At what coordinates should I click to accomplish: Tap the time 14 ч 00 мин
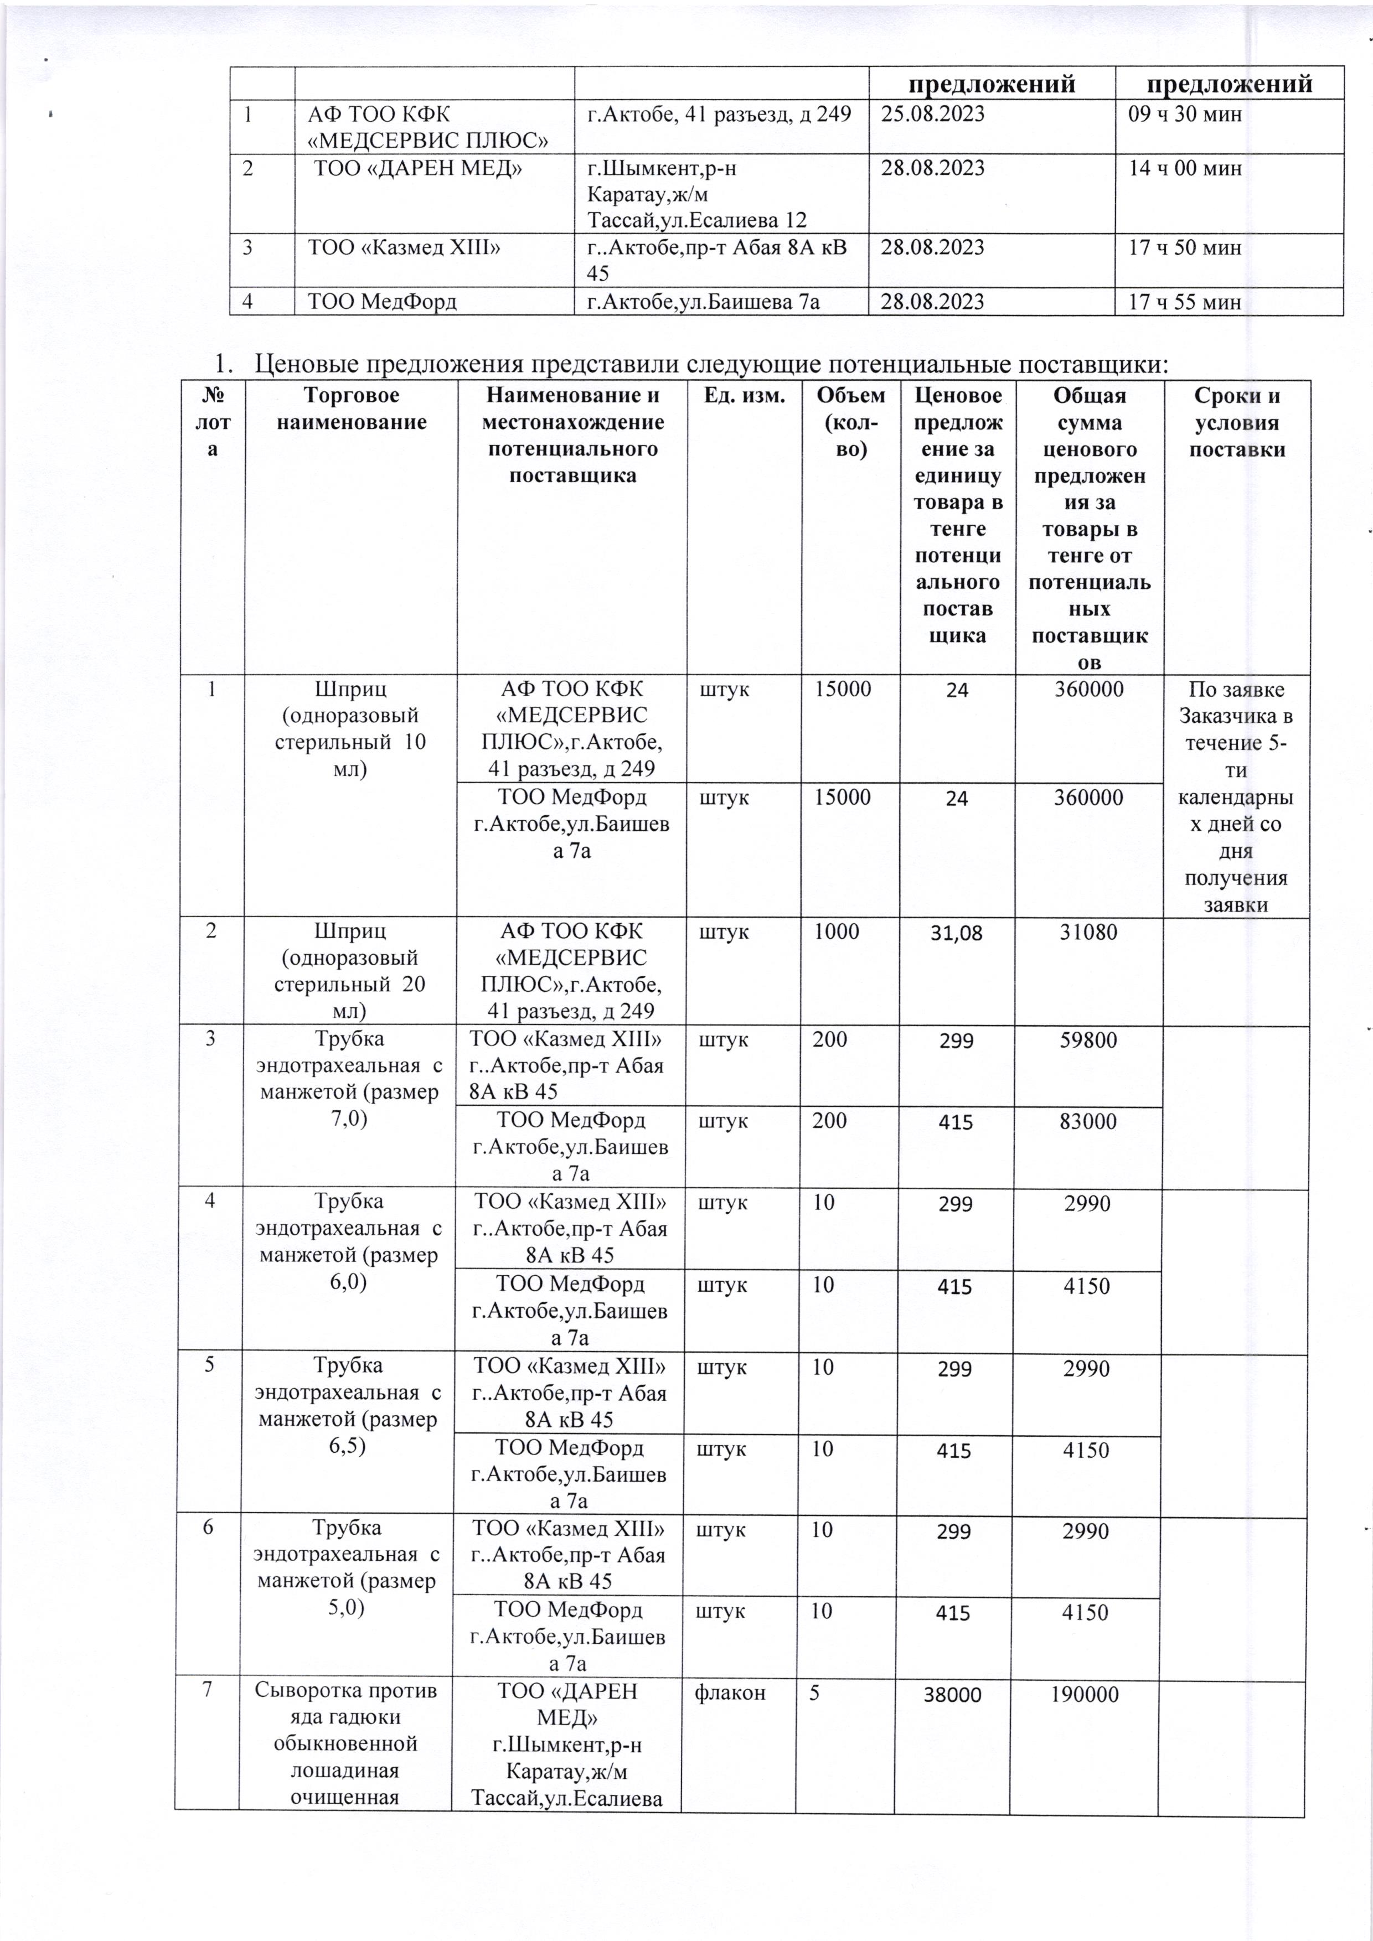coord(1185,168)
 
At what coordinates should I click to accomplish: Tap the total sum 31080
coord(1089,933)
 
